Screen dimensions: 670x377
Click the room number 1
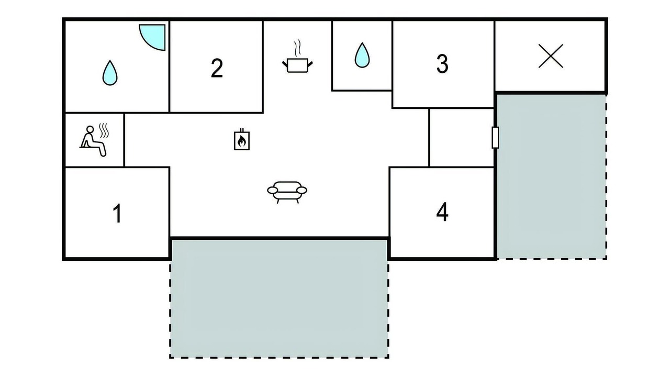(118, 213)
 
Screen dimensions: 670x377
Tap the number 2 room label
(217, 68)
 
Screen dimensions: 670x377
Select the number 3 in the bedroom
(442, 64)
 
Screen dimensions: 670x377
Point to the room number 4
(442, 212)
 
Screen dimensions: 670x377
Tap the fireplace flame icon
(242, 139)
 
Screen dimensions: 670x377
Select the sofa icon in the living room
(287, 192)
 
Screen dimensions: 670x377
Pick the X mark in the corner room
(551, 56)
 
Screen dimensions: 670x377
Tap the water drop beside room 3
(362, 55)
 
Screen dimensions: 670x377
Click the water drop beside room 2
(110, 73)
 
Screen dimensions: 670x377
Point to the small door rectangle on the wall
(495, 137)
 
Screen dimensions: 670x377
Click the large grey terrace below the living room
(279, 298)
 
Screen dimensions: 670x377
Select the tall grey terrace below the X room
(552, 176)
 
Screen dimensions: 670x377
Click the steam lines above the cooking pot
(297, 48)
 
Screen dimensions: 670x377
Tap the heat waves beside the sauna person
(104, 131)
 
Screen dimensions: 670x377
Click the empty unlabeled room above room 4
(461, 138)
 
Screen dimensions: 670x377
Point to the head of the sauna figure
(90, 129)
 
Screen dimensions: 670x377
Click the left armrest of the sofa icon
(273, 190)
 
